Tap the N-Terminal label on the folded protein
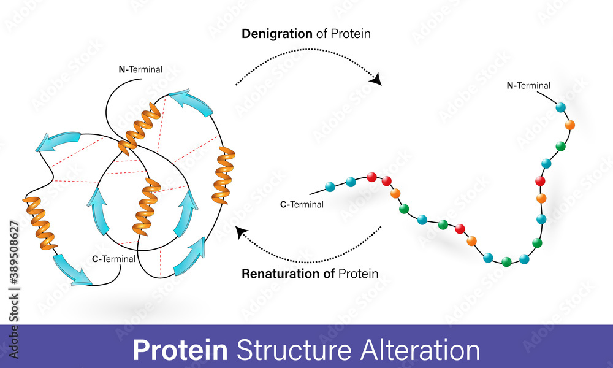coord(140,69)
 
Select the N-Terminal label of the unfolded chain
coord(528,86)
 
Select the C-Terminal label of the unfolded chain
coord(302,204)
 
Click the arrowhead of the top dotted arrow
coord(376,79)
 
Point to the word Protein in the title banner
coord(180,350)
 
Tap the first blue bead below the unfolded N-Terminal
coord(560,107)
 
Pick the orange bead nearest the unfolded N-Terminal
coord(569,125)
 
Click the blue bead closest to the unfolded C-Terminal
coord(330,185)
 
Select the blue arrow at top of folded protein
coord(191,101)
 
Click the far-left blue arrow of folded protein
coord(58,140)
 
